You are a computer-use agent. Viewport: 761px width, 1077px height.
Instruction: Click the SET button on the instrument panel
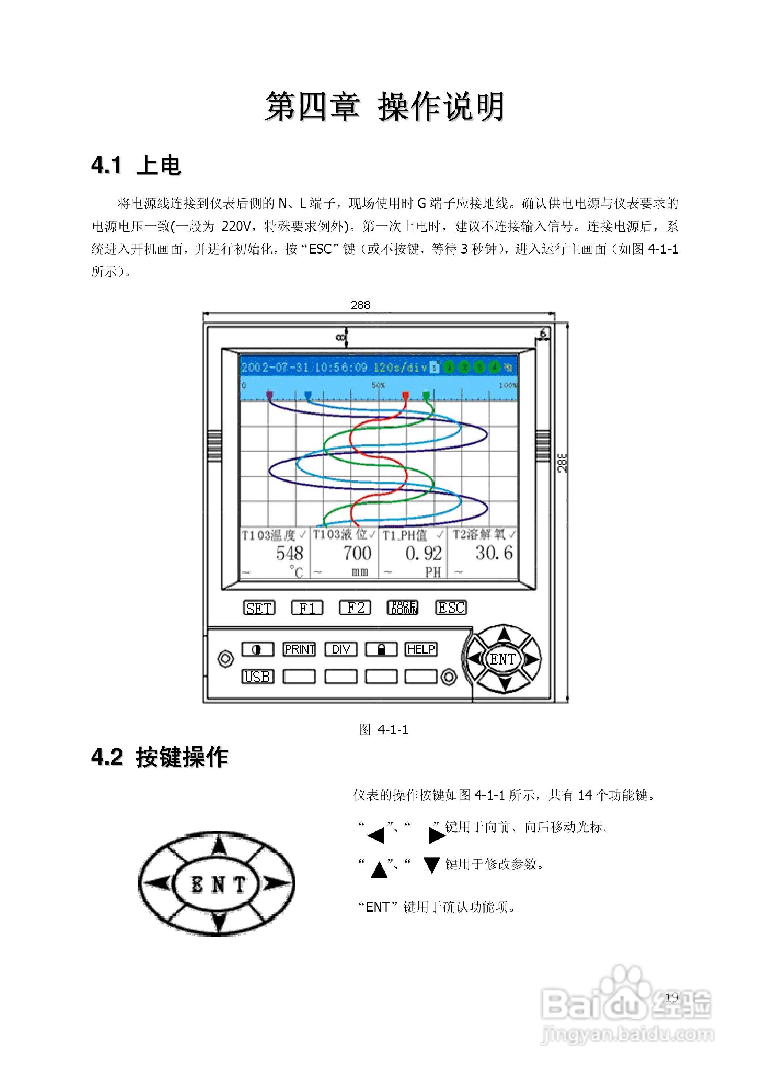tap(259, 608)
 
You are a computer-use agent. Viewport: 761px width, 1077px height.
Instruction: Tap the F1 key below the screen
tap(307, 608)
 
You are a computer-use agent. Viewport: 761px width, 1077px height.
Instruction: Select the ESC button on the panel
tap(451, 608)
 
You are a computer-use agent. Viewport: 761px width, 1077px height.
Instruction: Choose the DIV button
tap(341, 649)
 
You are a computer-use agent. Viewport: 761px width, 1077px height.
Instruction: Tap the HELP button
tap(421, 649)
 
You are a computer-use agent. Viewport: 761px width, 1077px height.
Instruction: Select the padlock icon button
tap(381, 649)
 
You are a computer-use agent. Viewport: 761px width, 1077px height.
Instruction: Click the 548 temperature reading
tap(289, 554)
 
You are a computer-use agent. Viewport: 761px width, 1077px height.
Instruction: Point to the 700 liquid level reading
tap(357, 554)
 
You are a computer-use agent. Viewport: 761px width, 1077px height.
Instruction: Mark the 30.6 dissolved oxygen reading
tap(494, 553)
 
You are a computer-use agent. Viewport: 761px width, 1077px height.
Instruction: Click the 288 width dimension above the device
tap(360, 305)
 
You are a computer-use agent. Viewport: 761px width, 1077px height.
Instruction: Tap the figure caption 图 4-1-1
tap(383, 730)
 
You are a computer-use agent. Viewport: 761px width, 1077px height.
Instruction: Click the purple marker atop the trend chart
tap(269, 395)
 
